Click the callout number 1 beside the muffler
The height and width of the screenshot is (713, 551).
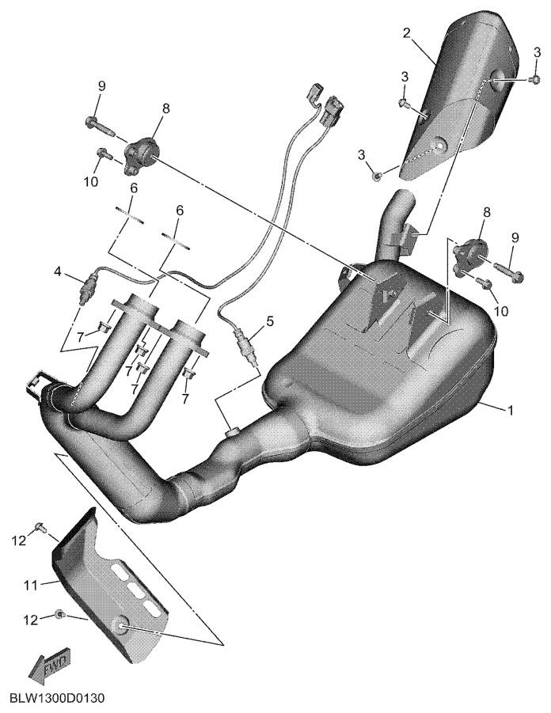pyautogui.click(x=511, y=411)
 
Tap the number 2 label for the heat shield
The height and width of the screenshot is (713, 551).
pyautogui.click(x=407, y=32)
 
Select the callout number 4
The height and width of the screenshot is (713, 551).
pyautogui.click(x=57, y=272)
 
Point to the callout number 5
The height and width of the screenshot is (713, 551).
pyautogui.click(x=270, y=321)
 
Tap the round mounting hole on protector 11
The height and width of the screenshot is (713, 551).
pyautogui.click(x=122, y=626)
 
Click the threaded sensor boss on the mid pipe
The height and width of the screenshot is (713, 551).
pyautogui.click(x=233, y=430)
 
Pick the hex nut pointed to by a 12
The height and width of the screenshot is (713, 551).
pyautogui.click(x=59, y=614)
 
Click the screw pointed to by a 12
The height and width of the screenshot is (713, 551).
pyautogui.click(x=39, y=528)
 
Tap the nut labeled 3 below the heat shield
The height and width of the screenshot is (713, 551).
pyautogui.click(x=376, y=176)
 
